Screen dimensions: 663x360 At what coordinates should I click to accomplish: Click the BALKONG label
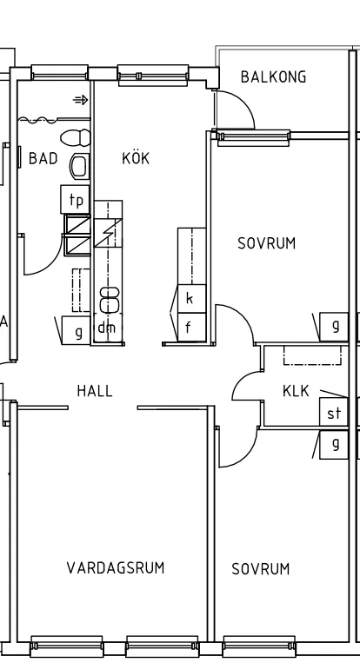pyautogui.click(x=274, y=77)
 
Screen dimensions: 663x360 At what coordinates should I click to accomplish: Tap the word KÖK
pyautogui.click(x=136, y=158)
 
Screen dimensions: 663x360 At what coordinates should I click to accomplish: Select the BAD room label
pyautogui.click(x=43, y=158)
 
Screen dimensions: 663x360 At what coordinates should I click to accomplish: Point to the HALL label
pyautogui.click(x=95, y=391)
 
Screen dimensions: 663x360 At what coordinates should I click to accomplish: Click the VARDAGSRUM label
pyautogui.click(x=116, y=568)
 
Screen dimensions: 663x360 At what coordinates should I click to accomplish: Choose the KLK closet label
pyautogui.click(x=296, y=392)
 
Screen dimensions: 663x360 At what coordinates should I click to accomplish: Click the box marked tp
pyautogui.click(x=77, y=200)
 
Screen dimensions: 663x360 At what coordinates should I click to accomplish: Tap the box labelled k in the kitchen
pyautogui.click(x=190, y=299)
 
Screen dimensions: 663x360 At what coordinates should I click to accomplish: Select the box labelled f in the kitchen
pyautogui.click(x=190, y=328)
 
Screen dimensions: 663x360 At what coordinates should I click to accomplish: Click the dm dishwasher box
pyautogui.click(x=106, y=328)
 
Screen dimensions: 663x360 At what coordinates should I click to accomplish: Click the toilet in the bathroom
pyautogui.click(x=77, y=138)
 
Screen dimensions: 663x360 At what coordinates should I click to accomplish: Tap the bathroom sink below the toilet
pyautogui.click(x=78, y=165)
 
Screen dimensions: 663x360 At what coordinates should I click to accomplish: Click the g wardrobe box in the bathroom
pyautogui.click(x=77, y=331)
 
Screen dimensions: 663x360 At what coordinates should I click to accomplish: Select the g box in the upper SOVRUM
pyautogui.click(x=335, y=327)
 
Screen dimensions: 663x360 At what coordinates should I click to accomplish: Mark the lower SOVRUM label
pyautogui.click(x=261, y=569)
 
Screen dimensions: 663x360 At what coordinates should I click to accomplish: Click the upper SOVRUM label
pyautogui.click(x=267, y=244)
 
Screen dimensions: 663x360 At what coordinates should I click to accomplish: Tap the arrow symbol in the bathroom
pyautogui.click(x=80, y=101)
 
